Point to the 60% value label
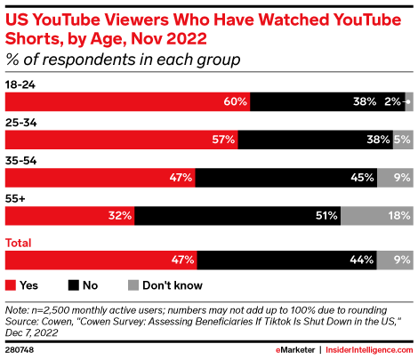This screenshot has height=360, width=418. pos(235,101)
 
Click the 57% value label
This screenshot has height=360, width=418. pos(223,140)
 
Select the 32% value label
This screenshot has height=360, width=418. pos(121,215)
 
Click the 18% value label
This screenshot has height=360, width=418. pos(398,215)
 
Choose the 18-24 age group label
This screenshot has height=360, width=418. pos(21,84)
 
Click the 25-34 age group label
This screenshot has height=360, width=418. pos(22,123)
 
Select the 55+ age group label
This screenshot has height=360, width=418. pos(16,198)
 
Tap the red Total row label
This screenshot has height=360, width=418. pos(20,243)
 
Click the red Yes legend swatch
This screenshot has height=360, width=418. pos(11,285)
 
